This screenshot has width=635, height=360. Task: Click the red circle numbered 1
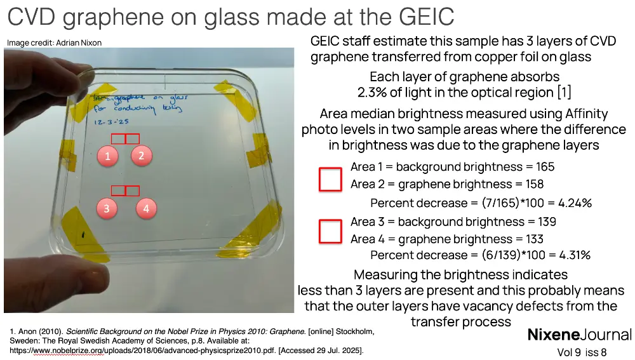pos(108,156)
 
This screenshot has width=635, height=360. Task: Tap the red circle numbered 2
pos(142,156)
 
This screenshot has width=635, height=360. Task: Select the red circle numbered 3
pos(108,208)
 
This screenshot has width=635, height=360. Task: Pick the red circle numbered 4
pos(146,208)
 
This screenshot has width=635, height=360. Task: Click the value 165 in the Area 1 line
pos(544,167)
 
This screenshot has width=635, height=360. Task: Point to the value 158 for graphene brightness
pos(533,184)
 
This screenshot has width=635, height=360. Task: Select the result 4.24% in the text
pos(575,203)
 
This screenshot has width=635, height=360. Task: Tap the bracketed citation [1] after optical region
pos(564,93)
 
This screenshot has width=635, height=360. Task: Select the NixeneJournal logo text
pos(579,335)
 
